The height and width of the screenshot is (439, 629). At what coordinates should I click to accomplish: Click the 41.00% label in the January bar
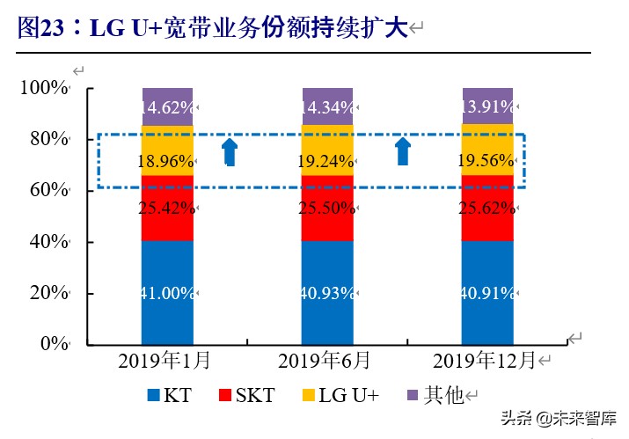click(167, 294)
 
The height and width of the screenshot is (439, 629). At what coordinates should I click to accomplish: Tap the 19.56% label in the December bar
click(487, 162)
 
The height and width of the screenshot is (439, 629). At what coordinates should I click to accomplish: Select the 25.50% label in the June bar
click(327, 209)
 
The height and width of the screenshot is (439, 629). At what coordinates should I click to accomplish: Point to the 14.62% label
click(167, 107)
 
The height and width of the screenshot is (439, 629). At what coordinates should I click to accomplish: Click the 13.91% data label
click(487, 107)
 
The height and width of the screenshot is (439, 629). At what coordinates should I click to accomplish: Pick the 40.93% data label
click(327, 294)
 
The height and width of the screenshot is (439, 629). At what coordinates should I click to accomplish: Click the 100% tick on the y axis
click(43, 88)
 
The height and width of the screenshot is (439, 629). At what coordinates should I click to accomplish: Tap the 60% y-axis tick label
click(48, 191)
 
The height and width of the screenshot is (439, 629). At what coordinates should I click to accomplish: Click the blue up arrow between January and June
click(229, 152)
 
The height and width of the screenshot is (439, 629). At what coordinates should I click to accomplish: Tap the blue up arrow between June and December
click(402, 152)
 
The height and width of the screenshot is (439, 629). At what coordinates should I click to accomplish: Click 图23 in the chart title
click(40, 29)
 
